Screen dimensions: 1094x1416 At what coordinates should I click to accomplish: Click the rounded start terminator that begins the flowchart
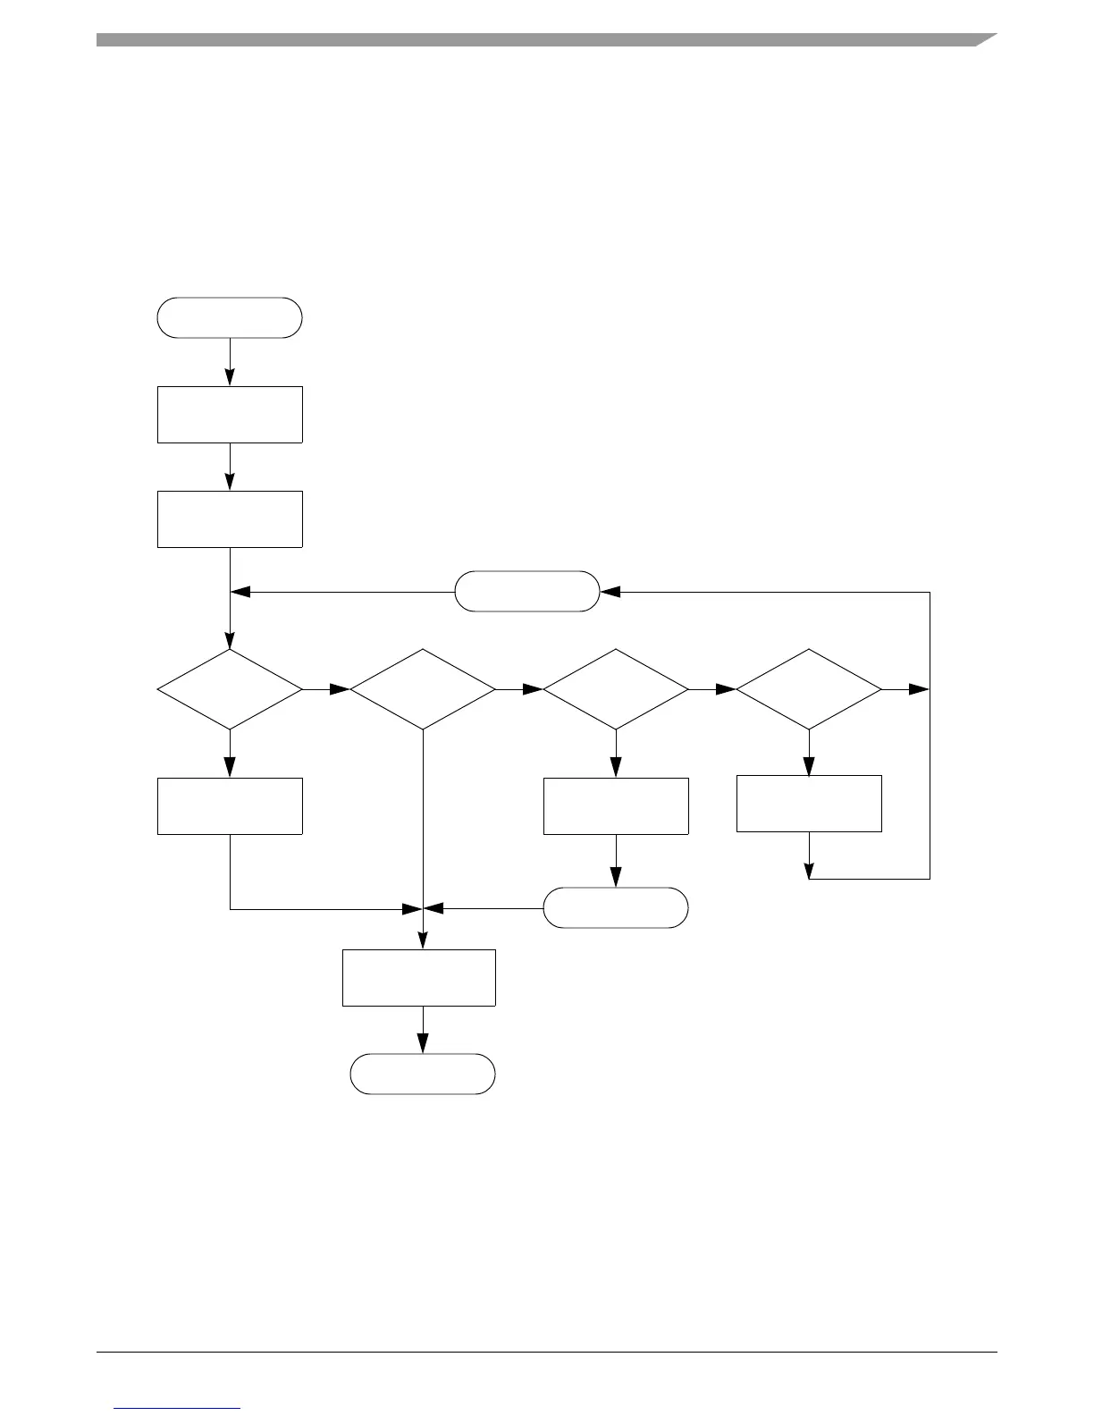point(230,317)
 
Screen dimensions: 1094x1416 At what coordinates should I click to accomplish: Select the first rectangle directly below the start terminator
point(230,414)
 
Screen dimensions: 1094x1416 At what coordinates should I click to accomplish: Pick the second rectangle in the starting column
point(230,518)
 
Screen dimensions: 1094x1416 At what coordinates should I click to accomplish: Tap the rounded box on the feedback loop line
point(527,591)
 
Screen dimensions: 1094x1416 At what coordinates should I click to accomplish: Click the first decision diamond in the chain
point(230,689)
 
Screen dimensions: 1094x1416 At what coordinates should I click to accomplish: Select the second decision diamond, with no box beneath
point(423,689)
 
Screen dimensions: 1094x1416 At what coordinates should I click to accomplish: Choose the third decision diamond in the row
point(616,689)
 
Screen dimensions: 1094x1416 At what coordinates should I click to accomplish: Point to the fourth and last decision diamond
point(809,689)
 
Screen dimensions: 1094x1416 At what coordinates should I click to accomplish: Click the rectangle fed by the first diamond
point(230,805)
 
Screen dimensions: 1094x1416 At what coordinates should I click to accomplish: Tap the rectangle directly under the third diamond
point(616,805)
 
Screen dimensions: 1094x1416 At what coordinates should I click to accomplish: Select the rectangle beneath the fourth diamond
point(809,804)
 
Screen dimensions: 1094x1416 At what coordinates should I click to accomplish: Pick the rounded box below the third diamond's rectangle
point(616,907)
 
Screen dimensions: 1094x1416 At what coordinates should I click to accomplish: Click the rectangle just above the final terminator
point(419,977)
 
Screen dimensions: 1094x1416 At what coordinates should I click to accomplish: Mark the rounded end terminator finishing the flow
point(423,1074)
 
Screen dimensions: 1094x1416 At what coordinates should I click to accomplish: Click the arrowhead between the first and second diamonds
point(340,689)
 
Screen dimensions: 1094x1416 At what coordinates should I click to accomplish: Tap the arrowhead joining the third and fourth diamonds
point(726,689)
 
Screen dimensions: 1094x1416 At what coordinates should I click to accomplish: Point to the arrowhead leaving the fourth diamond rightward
point(920,689)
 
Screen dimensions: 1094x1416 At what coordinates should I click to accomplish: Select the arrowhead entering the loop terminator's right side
point(610,591)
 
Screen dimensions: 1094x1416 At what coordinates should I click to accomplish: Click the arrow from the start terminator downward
point(230,361)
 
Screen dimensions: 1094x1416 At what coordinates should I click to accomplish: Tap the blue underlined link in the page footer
point(178,1408)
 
